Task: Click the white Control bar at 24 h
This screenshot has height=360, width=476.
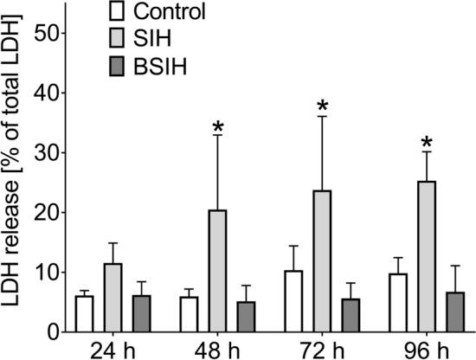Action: click(x=84, y=313)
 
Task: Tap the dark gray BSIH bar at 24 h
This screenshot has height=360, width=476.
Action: click(x=141, y=313)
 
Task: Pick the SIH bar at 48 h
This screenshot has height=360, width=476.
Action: click(x=218, y=270)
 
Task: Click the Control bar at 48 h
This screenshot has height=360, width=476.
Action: click(x=190, y=313)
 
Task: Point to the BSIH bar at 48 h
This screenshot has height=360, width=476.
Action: click(x=247, y=316)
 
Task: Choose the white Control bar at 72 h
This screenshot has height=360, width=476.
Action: click(x=294, y=300)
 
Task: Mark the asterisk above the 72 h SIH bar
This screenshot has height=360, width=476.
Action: click(x=324, y=106)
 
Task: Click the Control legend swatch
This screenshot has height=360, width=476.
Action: click(x=118, y=12)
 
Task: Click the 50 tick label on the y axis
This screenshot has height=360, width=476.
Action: click(x=45, y=33)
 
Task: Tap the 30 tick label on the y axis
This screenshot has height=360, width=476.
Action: click(x=45, y=152)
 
